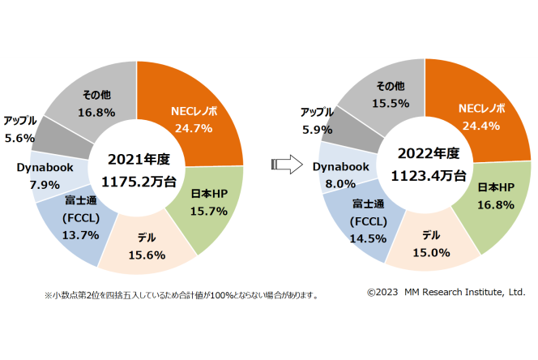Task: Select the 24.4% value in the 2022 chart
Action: [x=480, y=126]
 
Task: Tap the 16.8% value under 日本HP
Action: [x=493, y=204]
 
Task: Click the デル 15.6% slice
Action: [x=147, y=246]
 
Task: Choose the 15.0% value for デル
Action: [x=429, y=251]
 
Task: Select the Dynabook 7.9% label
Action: [x=38, y=175]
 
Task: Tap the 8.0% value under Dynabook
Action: [x=340, y=183]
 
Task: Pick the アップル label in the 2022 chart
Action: [x=317, y=111]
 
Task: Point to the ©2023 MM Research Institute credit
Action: [x=446, y=292]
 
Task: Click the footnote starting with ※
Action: [x=181, y=295]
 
